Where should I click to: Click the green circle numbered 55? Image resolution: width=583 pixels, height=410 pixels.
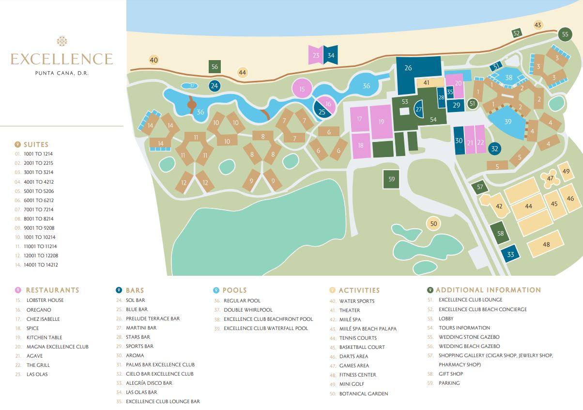(565, 34)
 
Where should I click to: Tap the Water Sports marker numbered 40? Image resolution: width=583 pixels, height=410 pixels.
(154, 60)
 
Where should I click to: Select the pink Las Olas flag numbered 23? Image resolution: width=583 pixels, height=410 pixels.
(316, 55)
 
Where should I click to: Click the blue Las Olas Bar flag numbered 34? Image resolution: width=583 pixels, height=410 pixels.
(331, 55)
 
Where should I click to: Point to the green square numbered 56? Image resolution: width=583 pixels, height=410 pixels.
(215, 67)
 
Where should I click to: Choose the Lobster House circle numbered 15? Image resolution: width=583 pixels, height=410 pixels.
(302, 89)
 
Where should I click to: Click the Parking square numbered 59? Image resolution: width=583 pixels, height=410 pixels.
(392, 179)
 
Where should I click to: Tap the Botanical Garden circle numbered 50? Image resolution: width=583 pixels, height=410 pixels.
(433, 223)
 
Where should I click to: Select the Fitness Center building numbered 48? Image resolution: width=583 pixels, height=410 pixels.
(546, 245)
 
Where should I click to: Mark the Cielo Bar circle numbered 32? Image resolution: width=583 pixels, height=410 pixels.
(494, 149)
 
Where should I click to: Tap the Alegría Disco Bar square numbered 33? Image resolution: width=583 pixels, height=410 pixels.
(510, 254)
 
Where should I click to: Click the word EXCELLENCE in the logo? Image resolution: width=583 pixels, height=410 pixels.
(61, 59)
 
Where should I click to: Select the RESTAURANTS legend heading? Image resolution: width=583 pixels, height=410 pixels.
(52, 290)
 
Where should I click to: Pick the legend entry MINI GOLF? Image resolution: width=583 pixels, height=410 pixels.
(352, 384)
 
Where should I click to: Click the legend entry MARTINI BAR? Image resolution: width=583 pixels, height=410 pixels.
(141, 328)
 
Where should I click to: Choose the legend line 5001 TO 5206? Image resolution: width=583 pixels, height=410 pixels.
(38, 191)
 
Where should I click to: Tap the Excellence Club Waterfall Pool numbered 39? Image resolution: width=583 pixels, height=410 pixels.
(507, 122)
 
